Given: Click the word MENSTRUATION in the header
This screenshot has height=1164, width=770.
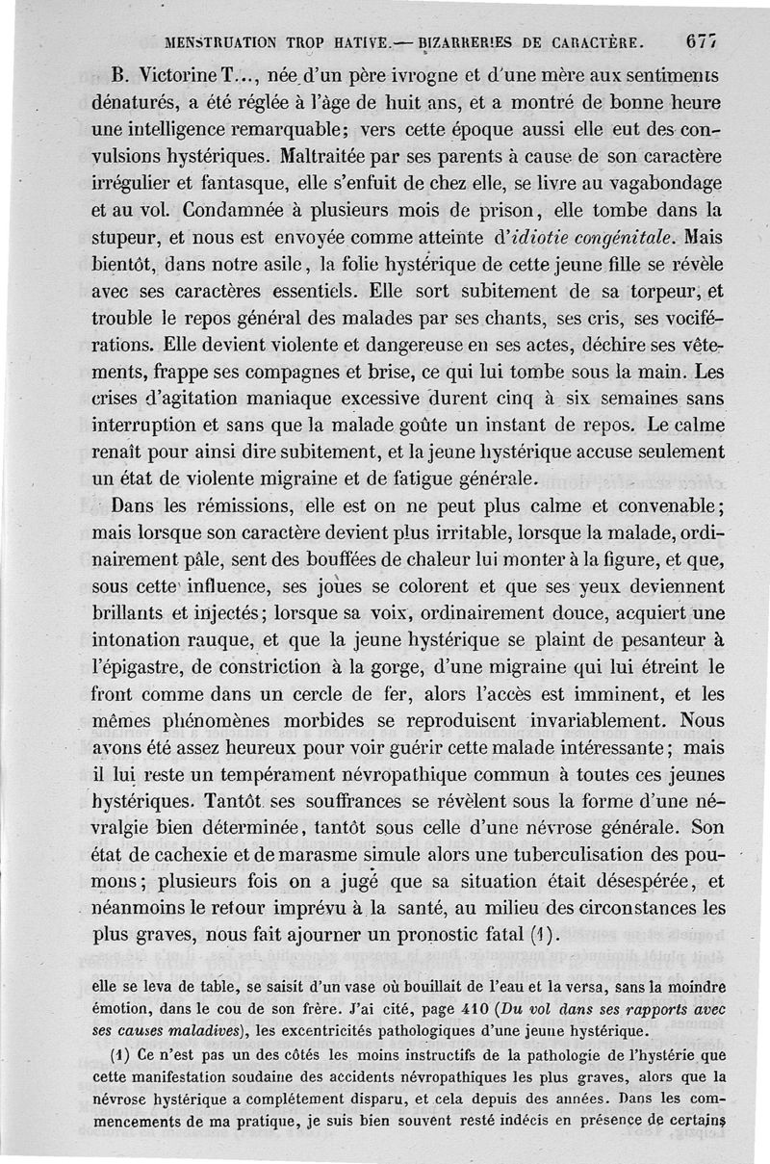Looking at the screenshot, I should (222, 42).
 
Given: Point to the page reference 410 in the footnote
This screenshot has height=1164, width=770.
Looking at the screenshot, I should (422, 1008).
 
